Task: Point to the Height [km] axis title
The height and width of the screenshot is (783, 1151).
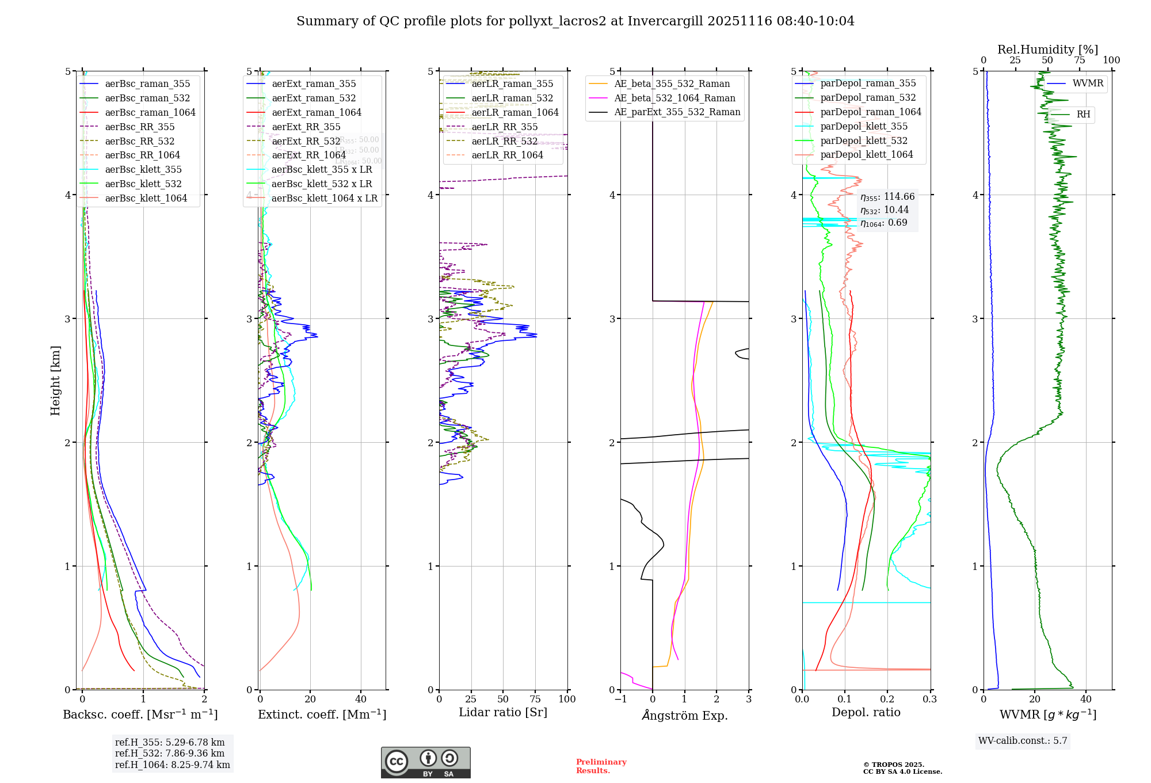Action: tap(55, 380)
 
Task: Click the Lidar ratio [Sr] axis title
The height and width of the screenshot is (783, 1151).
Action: tap(502, 712)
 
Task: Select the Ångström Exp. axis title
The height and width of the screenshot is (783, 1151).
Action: tap(684, 715)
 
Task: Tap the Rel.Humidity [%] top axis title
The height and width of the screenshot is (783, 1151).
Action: tap(1047, 50)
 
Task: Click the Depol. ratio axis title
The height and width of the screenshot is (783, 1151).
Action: tap(866, 712)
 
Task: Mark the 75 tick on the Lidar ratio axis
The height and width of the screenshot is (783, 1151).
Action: tap(535, 699)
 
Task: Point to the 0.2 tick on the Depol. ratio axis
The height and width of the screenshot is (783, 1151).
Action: tap(887, 699)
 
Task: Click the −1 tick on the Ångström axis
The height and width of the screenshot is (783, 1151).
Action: tap(620, 699)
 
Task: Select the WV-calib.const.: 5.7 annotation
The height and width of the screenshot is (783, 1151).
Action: tap(1023, 740)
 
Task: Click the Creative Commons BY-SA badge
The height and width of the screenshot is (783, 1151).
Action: tap(425, 763)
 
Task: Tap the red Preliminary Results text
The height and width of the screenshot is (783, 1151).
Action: tap(601, 766)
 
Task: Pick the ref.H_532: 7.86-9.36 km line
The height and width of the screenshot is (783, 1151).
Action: tap(169, 753)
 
